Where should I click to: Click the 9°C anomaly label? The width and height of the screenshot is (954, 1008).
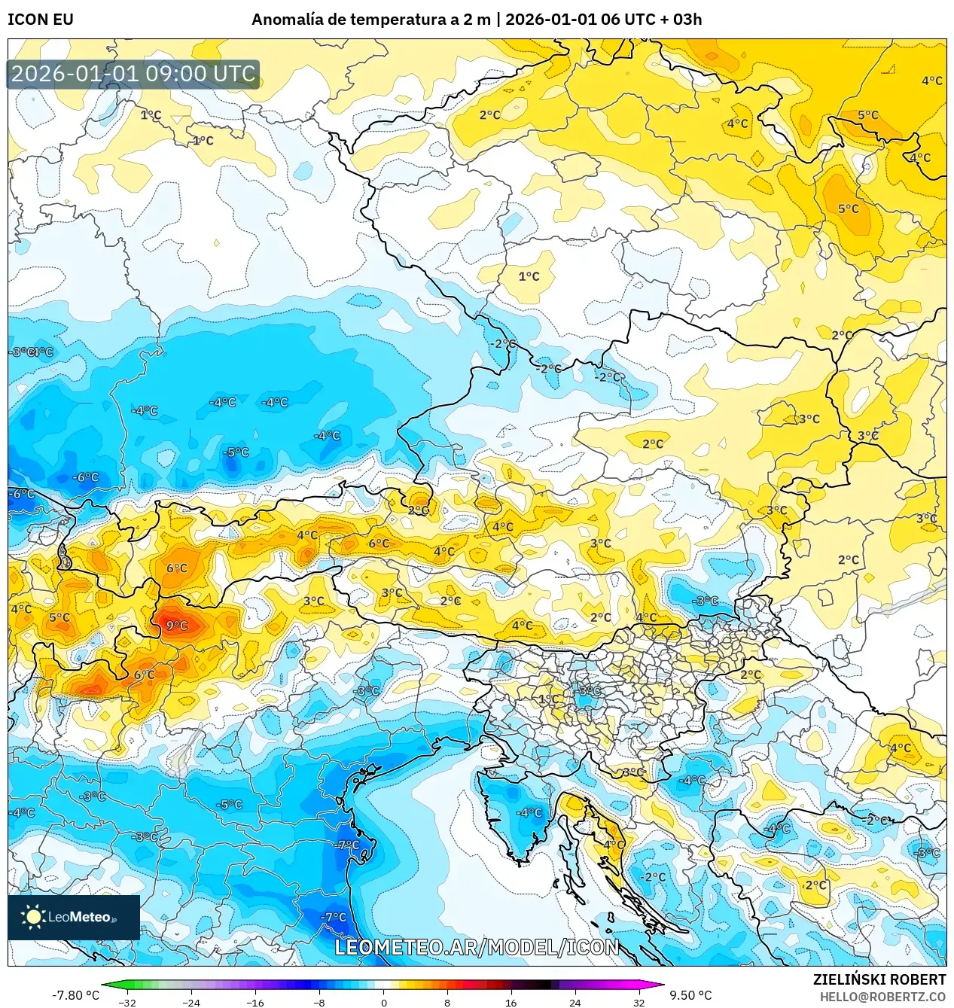(177, 626)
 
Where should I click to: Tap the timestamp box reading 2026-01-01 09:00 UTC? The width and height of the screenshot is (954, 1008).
(133, 74)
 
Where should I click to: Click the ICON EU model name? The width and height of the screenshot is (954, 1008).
(41, 20)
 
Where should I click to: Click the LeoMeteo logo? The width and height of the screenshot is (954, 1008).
(74, 917)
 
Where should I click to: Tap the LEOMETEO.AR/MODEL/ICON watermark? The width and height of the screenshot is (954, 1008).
(477, 947)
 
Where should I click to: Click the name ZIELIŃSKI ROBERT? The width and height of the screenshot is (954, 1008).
(879, 979)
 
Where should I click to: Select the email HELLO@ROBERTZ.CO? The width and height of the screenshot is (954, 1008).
(882, 997)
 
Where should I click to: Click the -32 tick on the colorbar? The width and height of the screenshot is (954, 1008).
(127, 1002)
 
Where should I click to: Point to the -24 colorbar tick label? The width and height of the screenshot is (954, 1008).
(191, 1002)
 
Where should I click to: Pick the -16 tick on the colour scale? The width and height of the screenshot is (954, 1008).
(255, 1002)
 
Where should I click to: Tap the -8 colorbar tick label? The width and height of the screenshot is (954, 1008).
(319, 1002)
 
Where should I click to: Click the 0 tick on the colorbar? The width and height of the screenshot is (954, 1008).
(383, 1002)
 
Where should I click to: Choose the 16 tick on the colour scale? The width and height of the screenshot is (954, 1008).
(511, 1002)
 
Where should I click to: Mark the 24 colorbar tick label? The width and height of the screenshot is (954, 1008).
(575, 1002)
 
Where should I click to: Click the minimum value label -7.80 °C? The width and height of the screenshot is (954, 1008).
(75, 995)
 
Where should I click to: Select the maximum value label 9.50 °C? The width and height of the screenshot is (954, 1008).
(690, 995)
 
